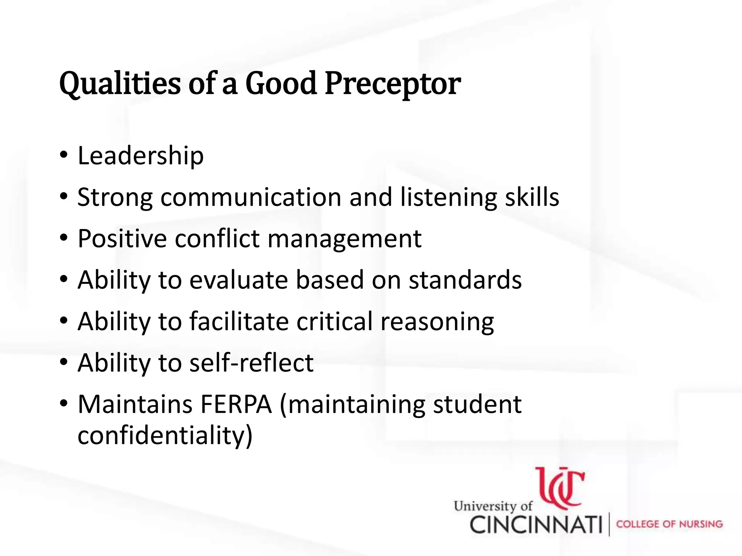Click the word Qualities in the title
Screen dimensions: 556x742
coord(120,84)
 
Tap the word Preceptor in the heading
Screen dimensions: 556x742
coord(392,84)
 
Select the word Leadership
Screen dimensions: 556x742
coord(141,156)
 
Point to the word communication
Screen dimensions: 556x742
coord(251,197)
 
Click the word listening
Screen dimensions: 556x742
coord(449,197)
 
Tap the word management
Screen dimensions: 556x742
coord(345,239)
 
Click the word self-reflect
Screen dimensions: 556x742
coord(251,363)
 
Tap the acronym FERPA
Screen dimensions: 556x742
coord(236,404)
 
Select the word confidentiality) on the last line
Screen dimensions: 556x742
coord(165,435)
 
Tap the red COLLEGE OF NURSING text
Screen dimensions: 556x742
coord(669,524)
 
